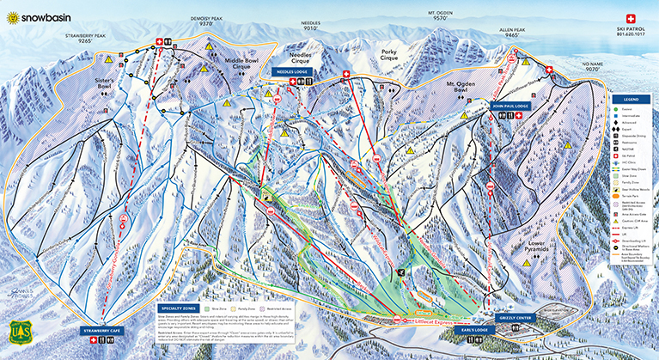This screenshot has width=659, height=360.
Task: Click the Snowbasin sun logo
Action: pos(12,15)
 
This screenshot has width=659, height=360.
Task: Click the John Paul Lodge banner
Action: pos(509,107)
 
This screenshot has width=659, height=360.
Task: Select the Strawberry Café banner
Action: pos(102,330)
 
